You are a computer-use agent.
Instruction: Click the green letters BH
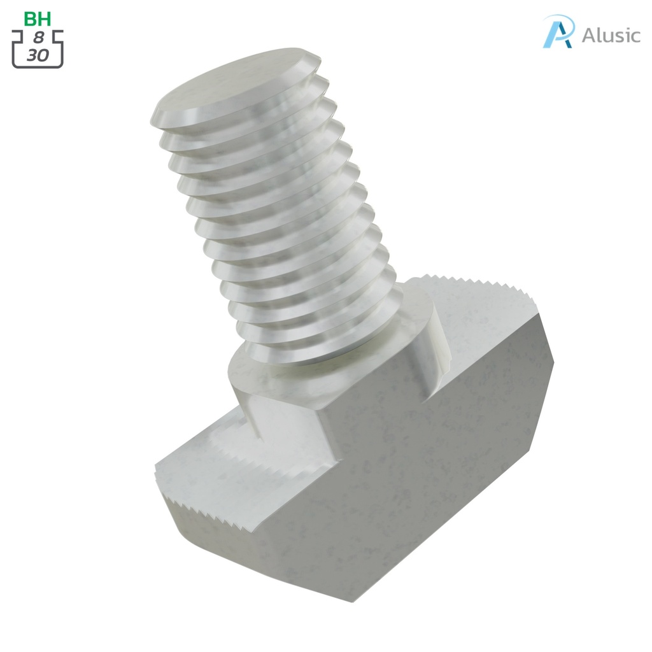(x=38, y=18)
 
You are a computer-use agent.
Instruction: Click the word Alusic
(x=611, y=35)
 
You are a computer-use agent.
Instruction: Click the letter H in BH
(x=45, y=18)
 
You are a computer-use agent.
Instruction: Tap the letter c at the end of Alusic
(x=634, y=36)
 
